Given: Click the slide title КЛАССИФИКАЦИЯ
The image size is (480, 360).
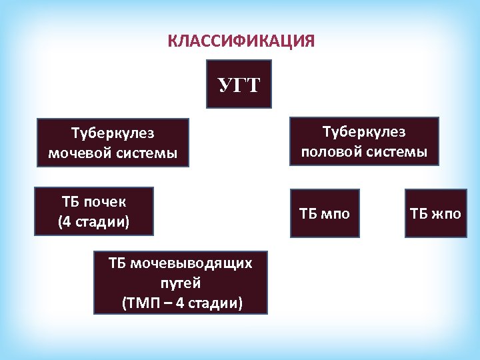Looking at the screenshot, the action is (241, 42).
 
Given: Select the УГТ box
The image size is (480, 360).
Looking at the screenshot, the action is (239, 85).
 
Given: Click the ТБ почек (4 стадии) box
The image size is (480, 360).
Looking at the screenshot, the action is (94, 211).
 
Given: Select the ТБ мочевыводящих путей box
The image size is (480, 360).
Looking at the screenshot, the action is (181, 283).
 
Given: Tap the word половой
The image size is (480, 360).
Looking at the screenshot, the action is (331, 152).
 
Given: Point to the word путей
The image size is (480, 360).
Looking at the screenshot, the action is (181, 283).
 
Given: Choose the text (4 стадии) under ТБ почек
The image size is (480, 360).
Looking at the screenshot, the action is (94, 222).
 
